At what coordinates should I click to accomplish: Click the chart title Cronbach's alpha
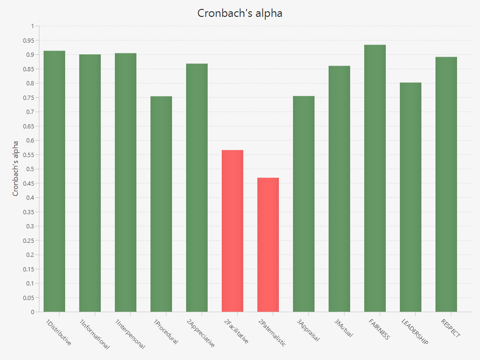click(240, 13)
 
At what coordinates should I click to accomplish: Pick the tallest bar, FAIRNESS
click(375, 178)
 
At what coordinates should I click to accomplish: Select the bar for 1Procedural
click(161, 204)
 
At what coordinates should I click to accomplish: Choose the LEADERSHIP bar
click(411, 197)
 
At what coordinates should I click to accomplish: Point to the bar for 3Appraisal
click(304, 204)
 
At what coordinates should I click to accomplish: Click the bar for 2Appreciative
click(197, 187)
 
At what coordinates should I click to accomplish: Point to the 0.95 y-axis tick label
click(28, 40)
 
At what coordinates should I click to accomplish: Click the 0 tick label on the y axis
click(32, 312)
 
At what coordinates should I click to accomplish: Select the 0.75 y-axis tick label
click(28, 97)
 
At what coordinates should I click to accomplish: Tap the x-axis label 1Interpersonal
click(130, 334)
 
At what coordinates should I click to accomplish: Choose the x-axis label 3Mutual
click(344, 328)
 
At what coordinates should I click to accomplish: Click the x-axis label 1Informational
click(94, 334)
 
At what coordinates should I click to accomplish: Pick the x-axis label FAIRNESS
click(379, 330)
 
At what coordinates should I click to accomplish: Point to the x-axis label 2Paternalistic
click(272, 333)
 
